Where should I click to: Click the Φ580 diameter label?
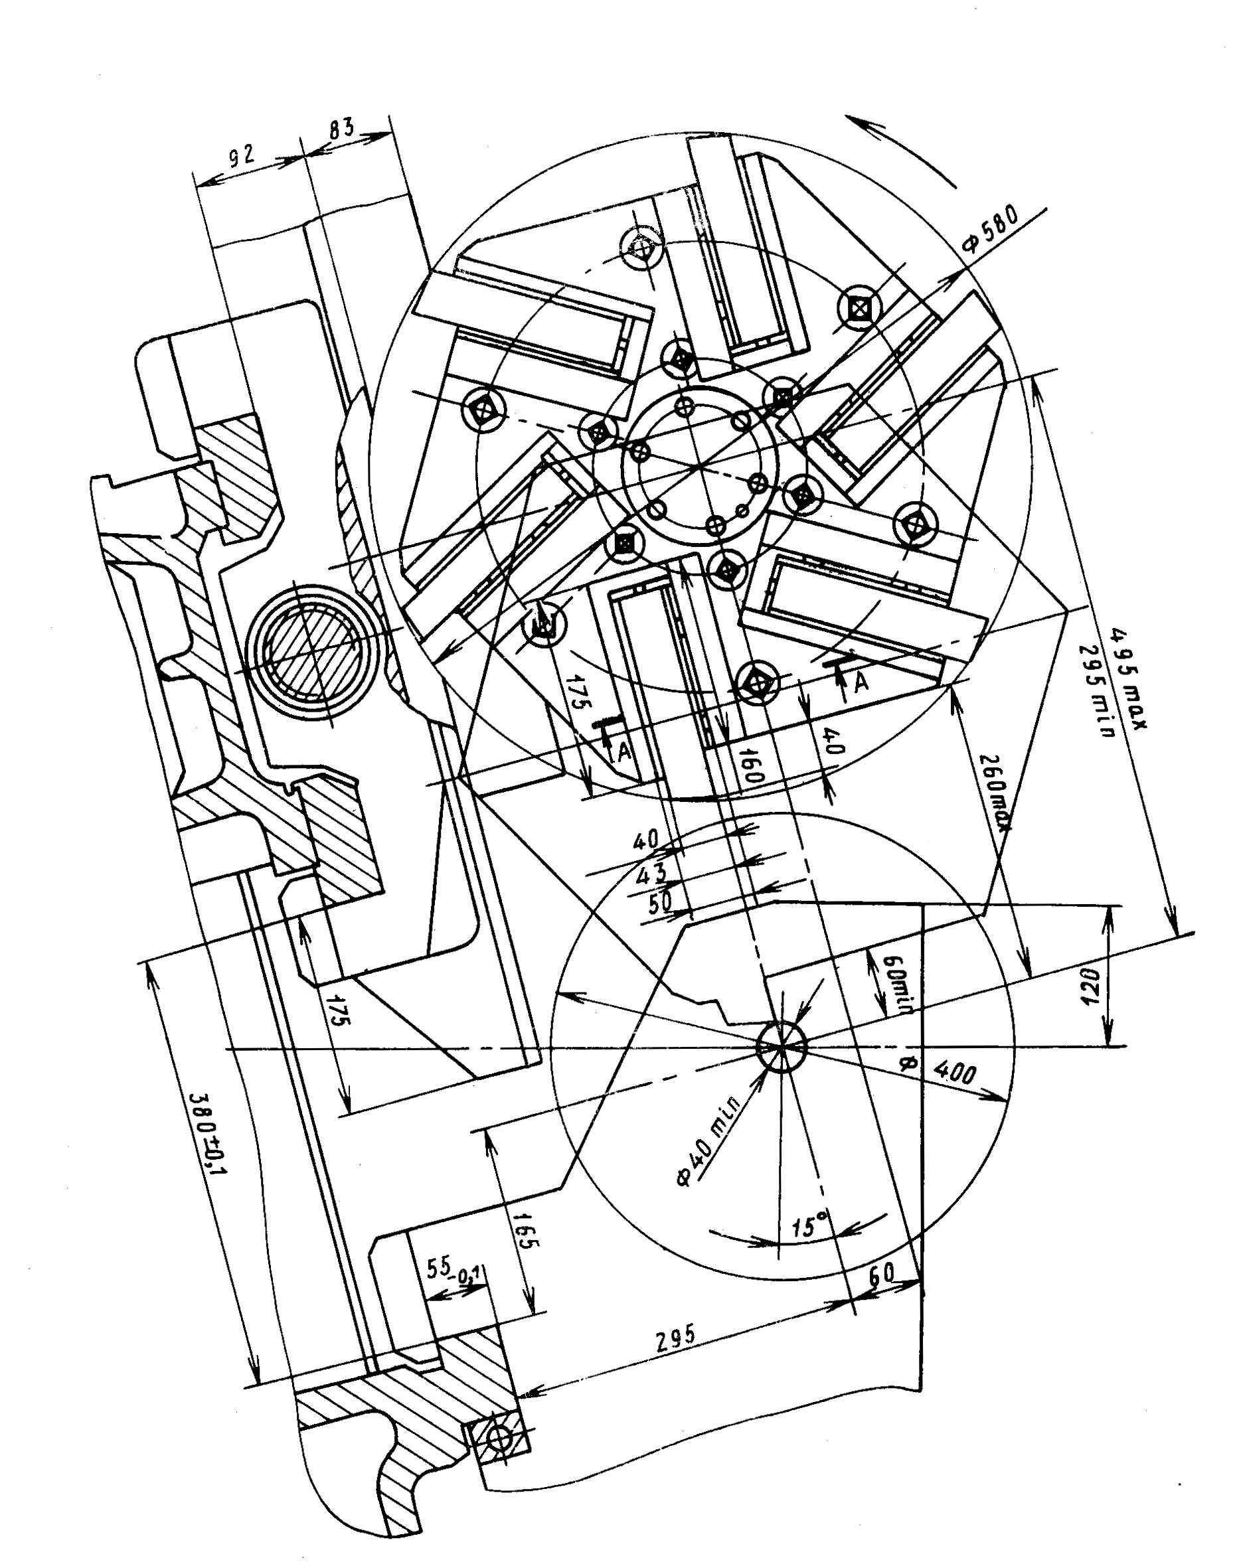pyautogui.click(x=991, y=230)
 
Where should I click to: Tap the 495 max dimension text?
pyautogui.click(x=1125, y=677)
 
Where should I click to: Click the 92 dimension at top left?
pyautogui.click(x=240, y=157)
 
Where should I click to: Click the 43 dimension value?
pyautogui.click(x=650, y=876)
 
